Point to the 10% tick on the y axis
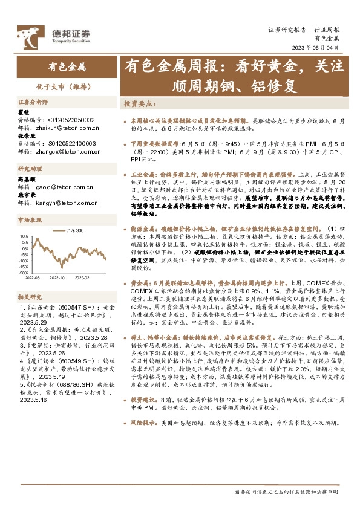click(x=24, y=236)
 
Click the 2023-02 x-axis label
click(x=82, y=278)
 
